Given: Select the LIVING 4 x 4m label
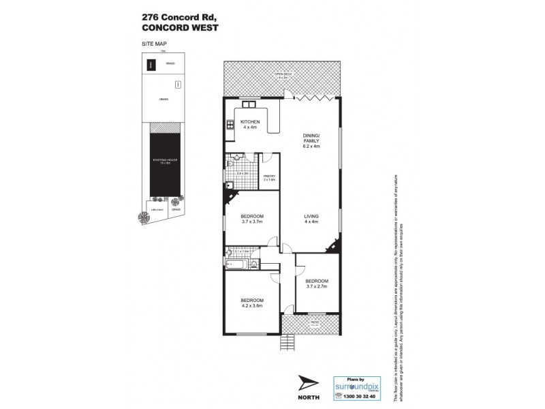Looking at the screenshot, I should [x=311, y=218].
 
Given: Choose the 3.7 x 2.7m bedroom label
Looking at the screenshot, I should [x=316, y=284].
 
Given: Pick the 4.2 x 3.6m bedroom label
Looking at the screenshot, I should [x=251, y=303].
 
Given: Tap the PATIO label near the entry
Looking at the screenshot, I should [x=315, y=324].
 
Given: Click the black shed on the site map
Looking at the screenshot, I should [x=151, y=65].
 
